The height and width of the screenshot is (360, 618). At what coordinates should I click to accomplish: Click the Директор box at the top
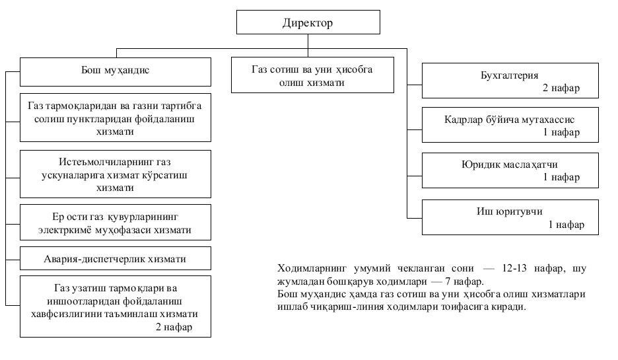click(308, 22)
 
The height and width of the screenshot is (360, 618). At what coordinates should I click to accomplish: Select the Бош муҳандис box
click(116, 72)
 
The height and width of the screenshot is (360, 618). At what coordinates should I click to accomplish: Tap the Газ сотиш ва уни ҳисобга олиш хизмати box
click(312, 75)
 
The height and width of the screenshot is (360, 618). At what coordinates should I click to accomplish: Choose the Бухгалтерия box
click(510, 81)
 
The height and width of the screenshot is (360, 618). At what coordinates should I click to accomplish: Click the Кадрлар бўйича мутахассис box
click(510, 125)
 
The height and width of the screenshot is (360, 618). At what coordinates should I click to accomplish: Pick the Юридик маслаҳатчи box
click(510, 170)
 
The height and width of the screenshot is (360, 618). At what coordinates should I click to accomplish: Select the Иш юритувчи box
click(510, 217)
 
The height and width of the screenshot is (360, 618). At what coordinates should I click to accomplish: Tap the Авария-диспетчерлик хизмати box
click(116, 258)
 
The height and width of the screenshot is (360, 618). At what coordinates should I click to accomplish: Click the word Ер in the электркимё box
click(57, 217)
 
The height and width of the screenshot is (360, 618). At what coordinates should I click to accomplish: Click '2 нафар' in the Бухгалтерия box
click(561, 88)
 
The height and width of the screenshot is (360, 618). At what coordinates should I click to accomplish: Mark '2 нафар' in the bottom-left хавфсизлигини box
click(174, 326)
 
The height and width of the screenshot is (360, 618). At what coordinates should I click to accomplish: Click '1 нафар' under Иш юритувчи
click(566, 225)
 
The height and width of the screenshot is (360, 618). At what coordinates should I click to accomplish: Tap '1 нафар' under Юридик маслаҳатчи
click(561, 177)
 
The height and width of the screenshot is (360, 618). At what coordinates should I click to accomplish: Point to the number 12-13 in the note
click(514, 268)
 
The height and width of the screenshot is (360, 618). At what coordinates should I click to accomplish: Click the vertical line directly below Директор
click(308, 46)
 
